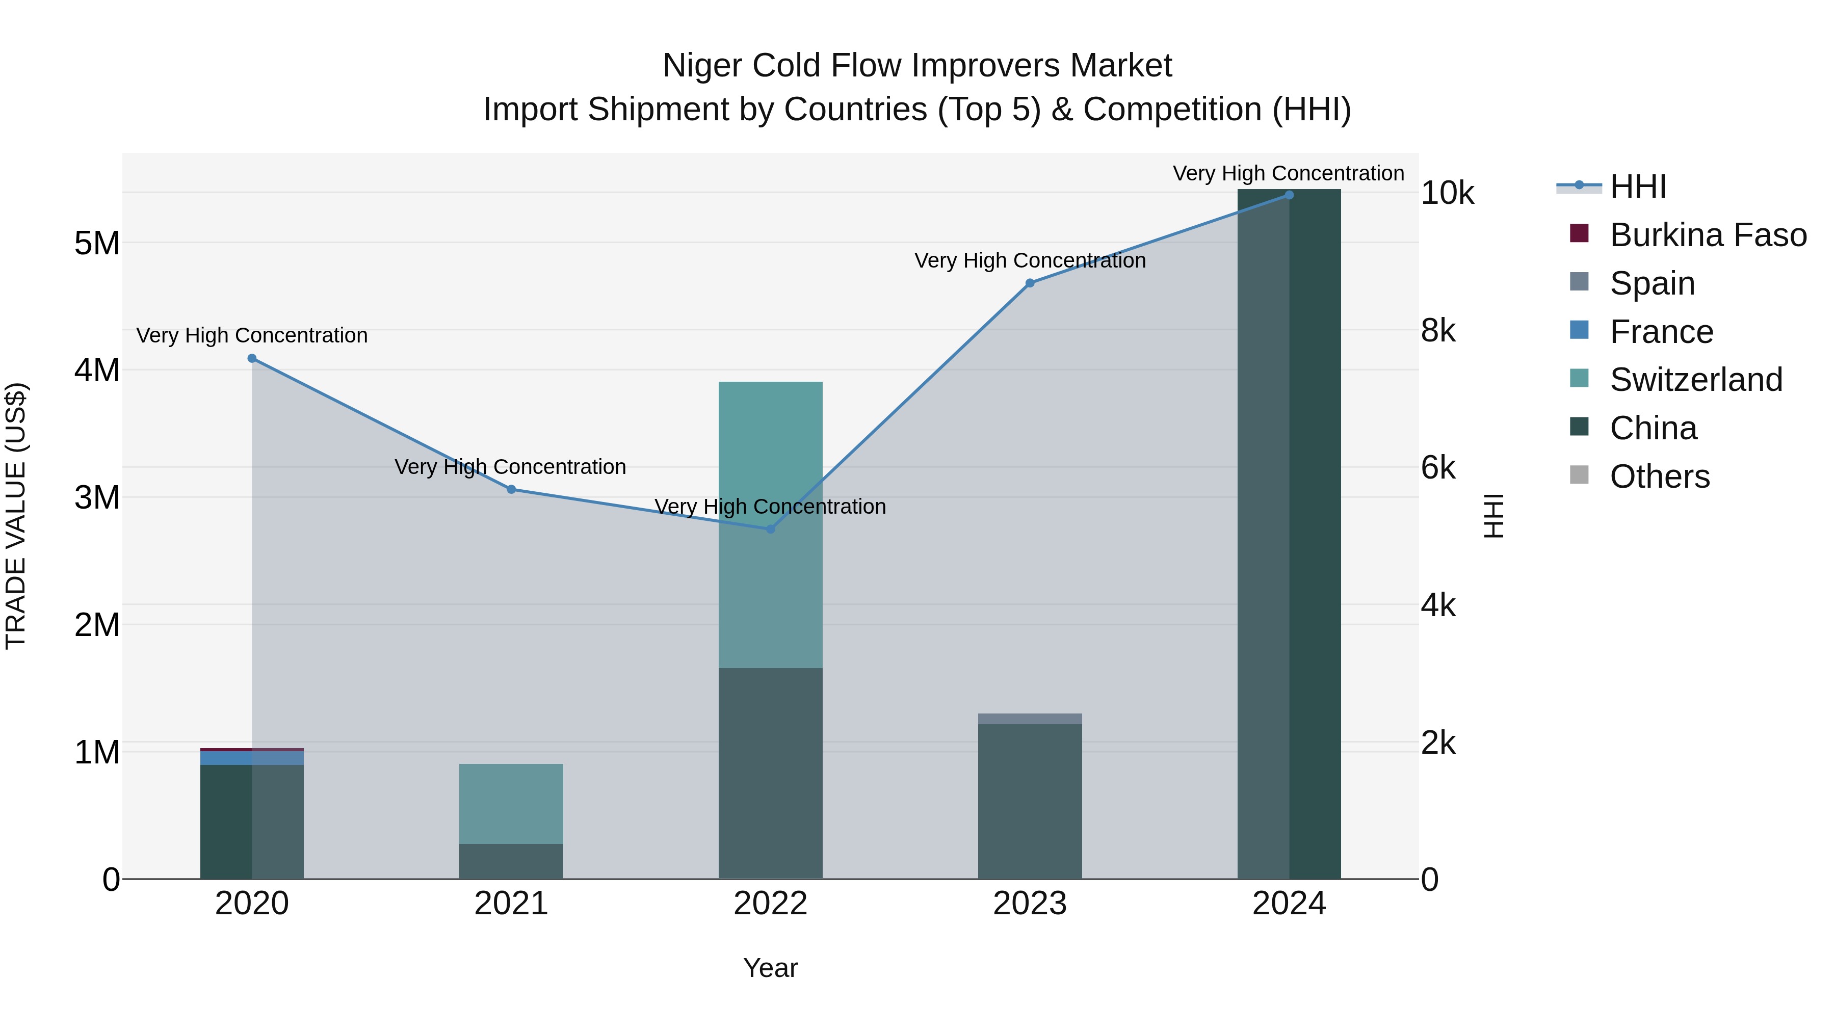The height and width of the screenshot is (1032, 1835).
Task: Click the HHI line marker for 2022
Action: tap(770, 529)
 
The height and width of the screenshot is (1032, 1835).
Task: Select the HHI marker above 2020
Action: tap(252, 358)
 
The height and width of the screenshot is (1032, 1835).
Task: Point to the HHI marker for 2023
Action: tap(1029, 283)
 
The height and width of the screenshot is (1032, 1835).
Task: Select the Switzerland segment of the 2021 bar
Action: tap(511, 803)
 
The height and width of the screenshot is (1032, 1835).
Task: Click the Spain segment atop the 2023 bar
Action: tap(1029, 719)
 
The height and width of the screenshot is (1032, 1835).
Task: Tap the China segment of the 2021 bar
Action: tap(511, 861)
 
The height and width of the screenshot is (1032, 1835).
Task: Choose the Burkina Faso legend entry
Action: tap(1708, 235)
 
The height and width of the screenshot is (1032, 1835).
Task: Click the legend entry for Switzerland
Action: tap(1695, 380)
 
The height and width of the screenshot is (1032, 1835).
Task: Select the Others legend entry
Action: tap(1659, 477)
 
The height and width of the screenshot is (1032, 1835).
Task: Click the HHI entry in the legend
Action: tap(1637, 187)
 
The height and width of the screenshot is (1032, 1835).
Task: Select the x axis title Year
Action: tap(770, 968)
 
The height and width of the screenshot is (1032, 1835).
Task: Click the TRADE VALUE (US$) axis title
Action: tap(16, 516)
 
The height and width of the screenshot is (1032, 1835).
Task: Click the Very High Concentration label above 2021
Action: tap(510, 467)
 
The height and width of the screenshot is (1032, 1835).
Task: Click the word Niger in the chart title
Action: tap(702, 66)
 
